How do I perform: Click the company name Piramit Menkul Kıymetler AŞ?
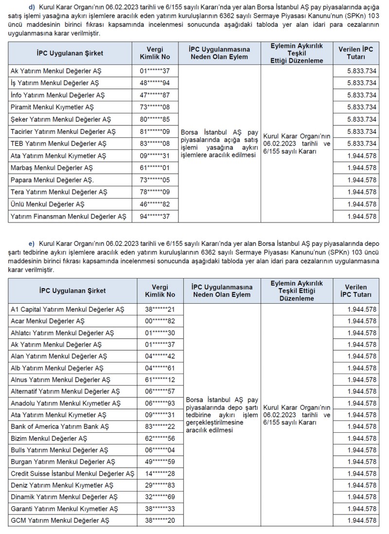tap(53, 107)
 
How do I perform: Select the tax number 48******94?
tap(155, 83)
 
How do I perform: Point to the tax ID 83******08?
tap(155, 144)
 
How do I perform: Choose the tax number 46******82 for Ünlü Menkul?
tap(155, 204)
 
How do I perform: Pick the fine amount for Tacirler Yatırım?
tap(362, 131)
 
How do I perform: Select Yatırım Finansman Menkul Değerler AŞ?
tap(68, 217)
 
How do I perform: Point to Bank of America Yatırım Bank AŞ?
tap(60, 426)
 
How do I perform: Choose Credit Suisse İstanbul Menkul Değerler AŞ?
tap(72, 474)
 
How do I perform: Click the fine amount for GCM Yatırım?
tap(362, 520)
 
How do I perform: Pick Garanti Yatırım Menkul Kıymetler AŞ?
tap(64, 509)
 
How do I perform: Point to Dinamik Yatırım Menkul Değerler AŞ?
tap(64, 497)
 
